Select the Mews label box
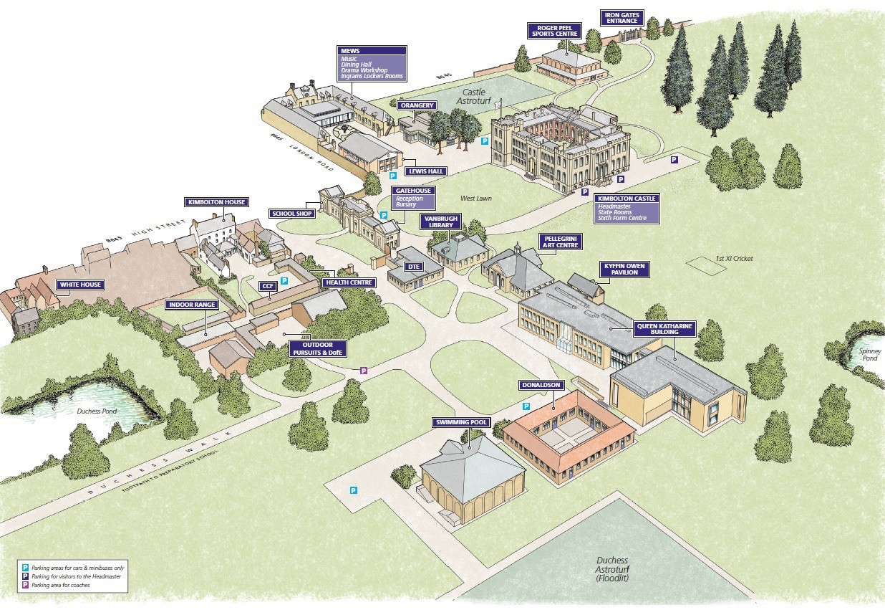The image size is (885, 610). [372, 64]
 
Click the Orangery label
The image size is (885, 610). [417, 105]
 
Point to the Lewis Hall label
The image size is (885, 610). [426, 171]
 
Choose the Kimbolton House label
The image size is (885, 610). [216, 202]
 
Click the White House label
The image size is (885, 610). [80, 285]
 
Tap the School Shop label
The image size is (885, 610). [293, 214]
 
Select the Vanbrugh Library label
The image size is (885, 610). [440, 221]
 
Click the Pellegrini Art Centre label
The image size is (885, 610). [561, 241]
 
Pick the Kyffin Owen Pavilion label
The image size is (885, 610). [624, 270]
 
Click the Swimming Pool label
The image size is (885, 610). [461, 422]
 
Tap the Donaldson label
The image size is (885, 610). [540, 385]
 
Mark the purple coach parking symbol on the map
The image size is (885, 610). [363, 371]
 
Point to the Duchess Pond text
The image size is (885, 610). [97, 411]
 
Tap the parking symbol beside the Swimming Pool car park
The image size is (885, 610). [353, 490]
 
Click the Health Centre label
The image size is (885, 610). [348, 282]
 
